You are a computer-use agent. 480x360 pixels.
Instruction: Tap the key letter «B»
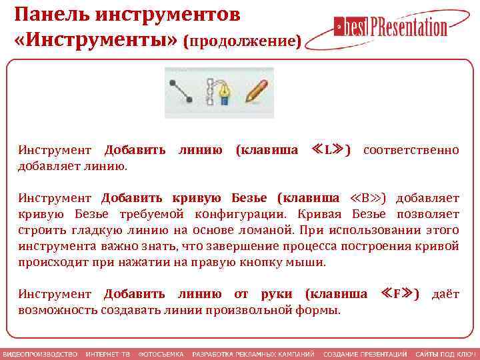pos(368,198)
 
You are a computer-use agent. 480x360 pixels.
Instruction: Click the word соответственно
pos(411,150)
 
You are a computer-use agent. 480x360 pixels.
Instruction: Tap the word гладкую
pos(85,230)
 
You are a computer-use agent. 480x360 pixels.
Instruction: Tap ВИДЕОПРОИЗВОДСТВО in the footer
pos(40,353)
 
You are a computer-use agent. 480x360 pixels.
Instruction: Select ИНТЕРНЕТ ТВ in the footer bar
pos(107,353)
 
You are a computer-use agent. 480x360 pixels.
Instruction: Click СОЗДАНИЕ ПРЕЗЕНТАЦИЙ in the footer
pos(365,353)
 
